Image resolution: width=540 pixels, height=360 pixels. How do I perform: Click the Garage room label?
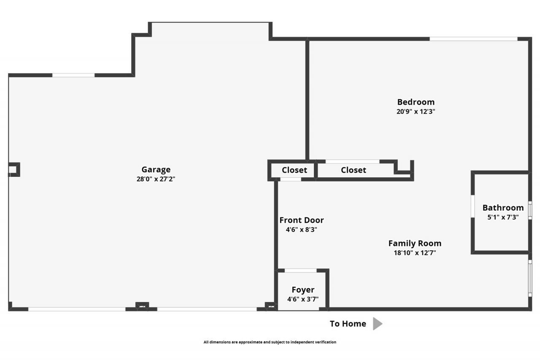coord(156,169)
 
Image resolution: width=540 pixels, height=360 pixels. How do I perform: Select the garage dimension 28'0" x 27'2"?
coord(156,179)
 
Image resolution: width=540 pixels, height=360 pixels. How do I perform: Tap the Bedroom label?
coord(416,102)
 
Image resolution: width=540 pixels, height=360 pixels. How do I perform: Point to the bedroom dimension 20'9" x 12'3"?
coord(416,112)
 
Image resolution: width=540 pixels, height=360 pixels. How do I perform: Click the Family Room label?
coord(415,243)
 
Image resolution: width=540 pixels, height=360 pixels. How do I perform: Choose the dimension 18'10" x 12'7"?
coord(415,253)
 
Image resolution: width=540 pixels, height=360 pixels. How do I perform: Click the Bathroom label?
coord(503,208)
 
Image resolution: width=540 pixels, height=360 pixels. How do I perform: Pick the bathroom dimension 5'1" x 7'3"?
coord(503,217)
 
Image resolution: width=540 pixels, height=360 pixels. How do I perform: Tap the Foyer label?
coord(303,290)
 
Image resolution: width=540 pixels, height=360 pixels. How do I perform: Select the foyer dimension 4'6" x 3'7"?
coord(303,299)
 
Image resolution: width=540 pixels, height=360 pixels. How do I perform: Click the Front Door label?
coord(301,220)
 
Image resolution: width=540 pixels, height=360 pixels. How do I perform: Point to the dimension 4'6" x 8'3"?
coord(301,230)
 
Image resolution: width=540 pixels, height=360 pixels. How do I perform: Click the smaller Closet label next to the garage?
coord(294,170)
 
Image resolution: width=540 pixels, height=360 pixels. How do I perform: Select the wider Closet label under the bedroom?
coord(354,170)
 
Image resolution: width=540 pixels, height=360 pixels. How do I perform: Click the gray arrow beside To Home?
coord(377,324)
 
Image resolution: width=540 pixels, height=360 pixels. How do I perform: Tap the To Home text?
coord(348,324)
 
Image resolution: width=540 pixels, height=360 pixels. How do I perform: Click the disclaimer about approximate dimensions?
coord(270,342)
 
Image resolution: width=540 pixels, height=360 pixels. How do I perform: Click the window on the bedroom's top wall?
coord(473,39)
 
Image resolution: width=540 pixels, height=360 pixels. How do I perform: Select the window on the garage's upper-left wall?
coord(73,75)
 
